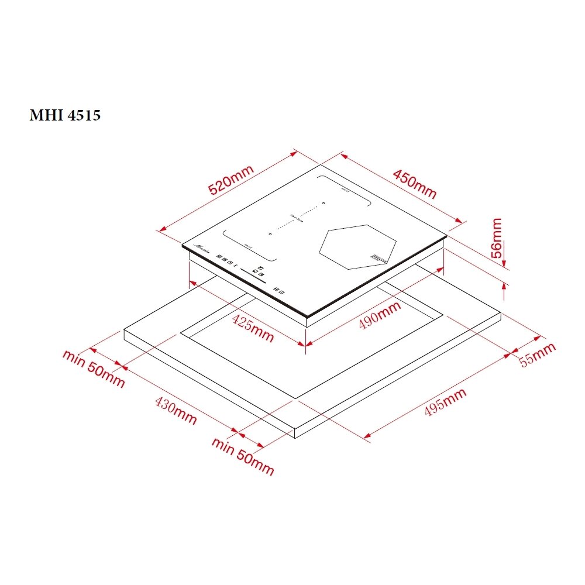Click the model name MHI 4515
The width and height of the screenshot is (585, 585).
[65, 115]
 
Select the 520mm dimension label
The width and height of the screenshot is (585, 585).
[231, 180]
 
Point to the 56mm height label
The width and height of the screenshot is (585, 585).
[497, 235]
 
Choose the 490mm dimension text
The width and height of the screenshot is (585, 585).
[380, 316]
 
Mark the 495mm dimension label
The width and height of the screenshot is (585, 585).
[445, 402]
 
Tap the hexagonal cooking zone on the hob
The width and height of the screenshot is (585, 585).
[357, 246]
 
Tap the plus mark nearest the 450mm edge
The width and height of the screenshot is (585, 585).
[323, 203]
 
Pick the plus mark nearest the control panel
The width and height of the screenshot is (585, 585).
[270, 233]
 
